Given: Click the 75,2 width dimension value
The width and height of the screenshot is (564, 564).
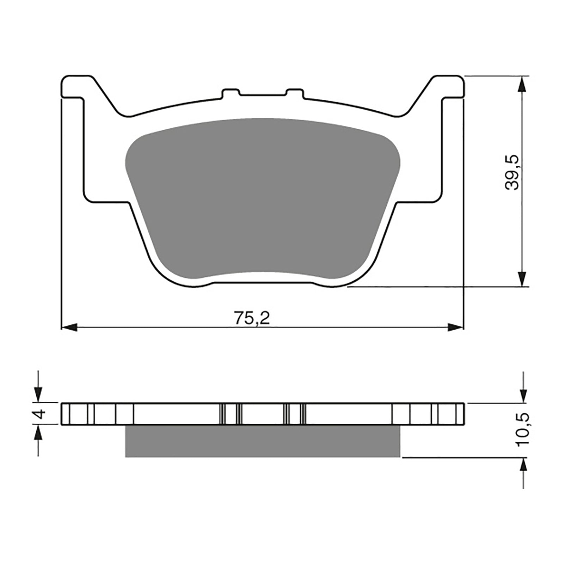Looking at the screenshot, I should pos(252,319).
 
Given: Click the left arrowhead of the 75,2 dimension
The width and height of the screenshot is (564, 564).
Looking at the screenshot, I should pos(69,327).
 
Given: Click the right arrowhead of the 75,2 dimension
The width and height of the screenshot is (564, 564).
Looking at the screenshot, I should pos(455,327).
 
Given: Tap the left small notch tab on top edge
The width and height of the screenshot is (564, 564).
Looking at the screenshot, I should pos(231,93).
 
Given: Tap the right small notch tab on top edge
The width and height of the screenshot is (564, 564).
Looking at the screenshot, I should pos(295,93).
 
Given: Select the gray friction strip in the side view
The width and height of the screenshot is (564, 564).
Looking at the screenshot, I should pos(263,441).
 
